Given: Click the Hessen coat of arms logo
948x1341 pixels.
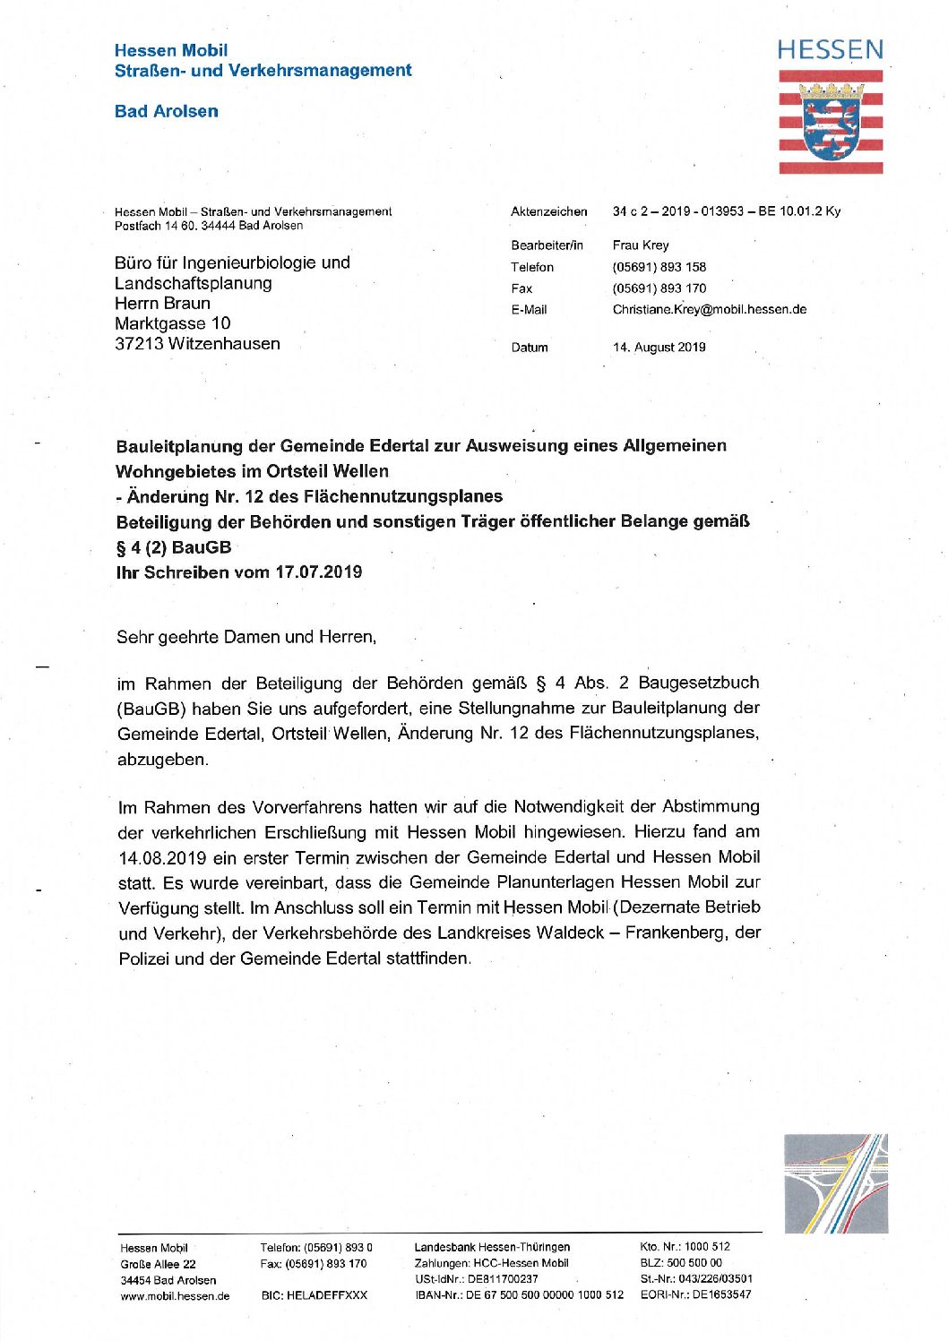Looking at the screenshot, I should (831, 122).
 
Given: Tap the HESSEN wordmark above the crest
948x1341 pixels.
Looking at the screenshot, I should (830, 50).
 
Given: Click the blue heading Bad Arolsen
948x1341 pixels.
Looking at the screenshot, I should (167, 111).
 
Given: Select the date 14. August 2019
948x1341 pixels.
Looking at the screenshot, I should (659, 348).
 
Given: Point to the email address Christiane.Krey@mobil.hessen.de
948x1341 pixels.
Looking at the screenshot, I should (709, 310).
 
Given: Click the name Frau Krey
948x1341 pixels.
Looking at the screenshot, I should (640, 245).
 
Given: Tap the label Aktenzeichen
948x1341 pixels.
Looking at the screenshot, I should (548, 212).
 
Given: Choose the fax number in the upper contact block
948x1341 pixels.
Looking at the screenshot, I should (659, 288).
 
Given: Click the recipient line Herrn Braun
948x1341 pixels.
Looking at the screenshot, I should (162, 304).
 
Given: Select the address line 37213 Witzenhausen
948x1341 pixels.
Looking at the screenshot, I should (197, 344).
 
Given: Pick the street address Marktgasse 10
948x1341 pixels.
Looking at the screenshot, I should (172, 323).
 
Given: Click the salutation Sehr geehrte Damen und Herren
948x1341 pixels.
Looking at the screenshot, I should (246, 637).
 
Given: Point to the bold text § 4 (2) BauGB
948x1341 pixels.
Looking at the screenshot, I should (174, 547).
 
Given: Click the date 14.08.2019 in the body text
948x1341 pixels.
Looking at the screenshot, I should (161, 857).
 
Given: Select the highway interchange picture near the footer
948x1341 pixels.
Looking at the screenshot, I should (835, 1183).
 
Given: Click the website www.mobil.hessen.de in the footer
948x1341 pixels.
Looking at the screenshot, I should (175, 1295).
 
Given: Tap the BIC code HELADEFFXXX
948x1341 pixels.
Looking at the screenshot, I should (314, 1295).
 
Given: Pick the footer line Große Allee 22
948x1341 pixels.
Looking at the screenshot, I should (158, 1264).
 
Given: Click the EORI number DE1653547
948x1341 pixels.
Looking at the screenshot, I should (721, 1294).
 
